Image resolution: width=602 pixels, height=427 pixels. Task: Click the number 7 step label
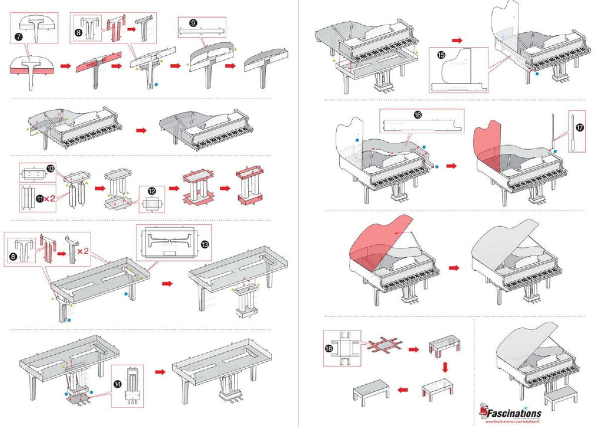click(x=18, y=36)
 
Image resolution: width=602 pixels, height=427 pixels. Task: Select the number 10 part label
click(x=51, y=169)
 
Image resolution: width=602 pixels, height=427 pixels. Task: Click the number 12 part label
click(x=152, y=191)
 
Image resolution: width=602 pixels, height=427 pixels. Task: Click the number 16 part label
click(x=417, y=115)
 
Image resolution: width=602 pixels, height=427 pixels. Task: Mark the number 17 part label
click(x=579, y=129)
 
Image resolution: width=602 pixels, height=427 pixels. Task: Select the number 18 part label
click(x=329, y=348)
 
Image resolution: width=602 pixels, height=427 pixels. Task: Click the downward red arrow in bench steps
click(x=444, y=368)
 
